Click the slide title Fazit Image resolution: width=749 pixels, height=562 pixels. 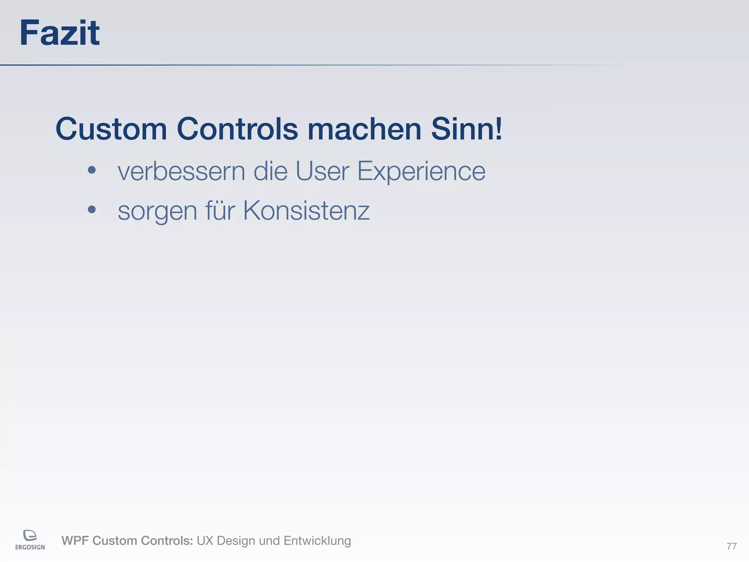pos(59,33)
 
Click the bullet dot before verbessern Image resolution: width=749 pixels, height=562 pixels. pos(92,170)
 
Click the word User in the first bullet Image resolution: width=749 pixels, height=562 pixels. pos(322,171)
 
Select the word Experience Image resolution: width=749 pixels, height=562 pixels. pos(421,172)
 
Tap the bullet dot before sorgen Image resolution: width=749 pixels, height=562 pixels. pos(92,210)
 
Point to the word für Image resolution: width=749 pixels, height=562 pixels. pos(220,211)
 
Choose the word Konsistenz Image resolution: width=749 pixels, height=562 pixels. pos(306,211)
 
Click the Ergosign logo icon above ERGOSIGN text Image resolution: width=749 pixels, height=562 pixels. pos(30,535)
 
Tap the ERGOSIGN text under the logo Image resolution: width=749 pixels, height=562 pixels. pos(30,547)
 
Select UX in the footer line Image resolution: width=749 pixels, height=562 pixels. pos(205,541)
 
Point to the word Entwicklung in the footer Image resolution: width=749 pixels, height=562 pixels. pos(317,541)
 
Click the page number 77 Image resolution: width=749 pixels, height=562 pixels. pos(731,546)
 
